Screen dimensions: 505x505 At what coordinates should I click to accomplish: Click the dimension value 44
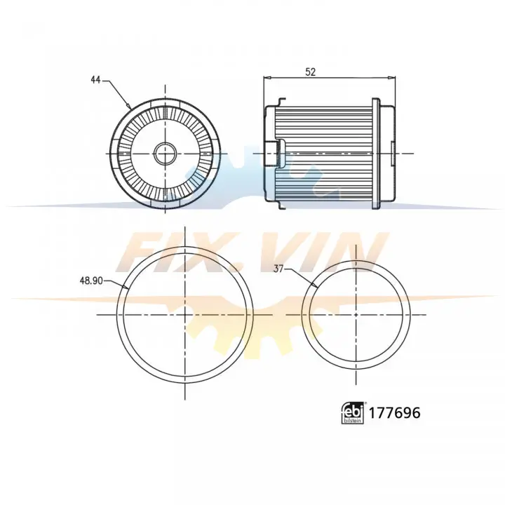click(95, 80)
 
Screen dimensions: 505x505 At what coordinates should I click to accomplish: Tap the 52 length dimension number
click(311, 72)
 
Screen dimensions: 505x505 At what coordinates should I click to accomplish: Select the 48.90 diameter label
click(91, 281)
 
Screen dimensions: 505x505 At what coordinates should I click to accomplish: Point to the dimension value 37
click(278, 268)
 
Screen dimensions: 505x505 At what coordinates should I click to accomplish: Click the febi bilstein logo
click(353, 413)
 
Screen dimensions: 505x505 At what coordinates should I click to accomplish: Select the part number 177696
click(394, 413)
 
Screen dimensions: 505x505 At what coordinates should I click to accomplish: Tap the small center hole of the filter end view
click(166, 154)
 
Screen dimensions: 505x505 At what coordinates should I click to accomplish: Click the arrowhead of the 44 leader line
click(129, 107)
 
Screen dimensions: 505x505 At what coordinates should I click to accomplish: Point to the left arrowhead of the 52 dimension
click(267, 78)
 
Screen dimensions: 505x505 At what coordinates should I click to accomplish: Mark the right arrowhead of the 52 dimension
click(392, 78)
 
